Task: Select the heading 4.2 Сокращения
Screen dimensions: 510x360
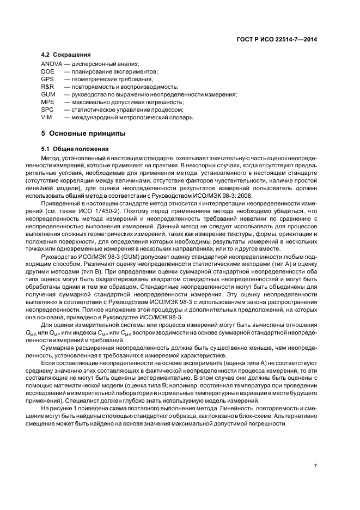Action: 66,56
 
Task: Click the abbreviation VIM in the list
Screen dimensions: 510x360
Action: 47,118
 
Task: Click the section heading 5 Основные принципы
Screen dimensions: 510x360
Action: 83,133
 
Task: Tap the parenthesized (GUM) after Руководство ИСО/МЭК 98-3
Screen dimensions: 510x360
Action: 121,256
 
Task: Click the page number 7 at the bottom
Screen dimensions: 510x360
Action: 315,466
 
